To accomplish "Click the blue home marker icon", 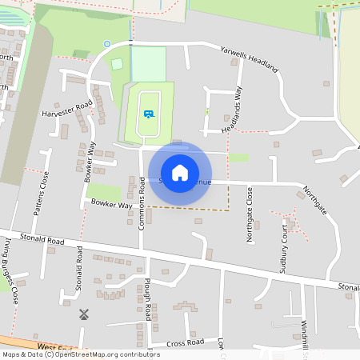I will pyautogui.click(x=180, y=172).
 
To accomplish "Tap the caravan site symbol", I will pyautogui.click(x=149, y=114).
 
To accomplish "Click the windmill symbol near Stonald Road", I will pyautogui.click(x=81, y=314).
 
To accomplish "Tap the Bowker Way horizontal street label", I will pyautogui.click(x=111, y=205).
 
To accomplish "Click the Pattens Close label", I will pyautogui.click(x=40, y=194).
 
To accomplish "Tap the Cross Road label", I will pyautogui.click(x=186, y=342).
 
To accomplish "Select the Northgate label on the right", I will pyautogui.click(x=313, y=196).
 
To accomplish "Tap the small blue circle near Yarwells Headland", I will pyautogui.click(x=107, y=44).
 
